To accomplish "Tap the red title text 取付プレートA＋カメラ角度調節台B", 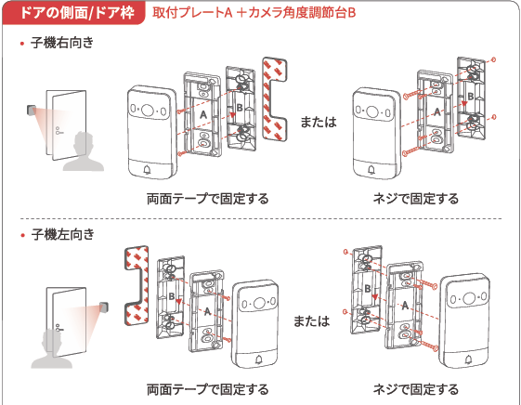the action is [x=254, y=13].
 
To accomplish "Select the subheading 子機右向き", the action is [x=62, y=43].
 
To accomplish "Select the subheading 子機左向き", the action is [x=63, y=234].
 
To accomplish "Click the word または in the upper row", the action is [x=319, y=122].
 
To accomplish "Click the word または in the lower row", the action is [x=312, y=320].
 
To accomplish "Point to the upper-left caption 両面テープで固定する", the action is [x=208, y=199].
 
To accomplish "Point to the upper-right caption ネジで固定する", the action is [x=416, y=199].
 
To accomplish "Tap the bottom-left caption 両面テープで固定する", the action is [x=208, y=389].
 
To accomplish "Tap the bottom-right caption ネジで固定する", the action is [x=416, y=389].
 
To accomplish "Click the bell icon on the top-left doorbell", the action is [x=147, y=170].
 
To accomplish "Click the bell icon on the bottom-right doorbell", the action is [x=469, y=359].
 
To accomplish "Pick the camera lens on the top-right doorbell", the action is [x=371, y=111].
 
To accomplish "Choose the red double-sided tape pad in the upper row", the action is [x=275, y=98].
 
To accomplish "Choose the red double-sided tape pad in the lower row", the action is [x=137, y=286].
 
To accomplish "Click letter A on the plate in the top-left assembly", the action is [x=203, y=114].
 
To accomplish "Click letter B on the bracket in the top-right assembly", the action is [x=470, y=96].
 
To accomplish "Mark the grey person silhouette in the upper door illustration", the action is [x=84, y=151].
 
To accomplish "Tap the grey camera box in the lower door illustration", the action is [x=105, y=307].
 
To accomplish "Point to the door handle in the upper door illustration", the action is [x=59, y=131].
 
